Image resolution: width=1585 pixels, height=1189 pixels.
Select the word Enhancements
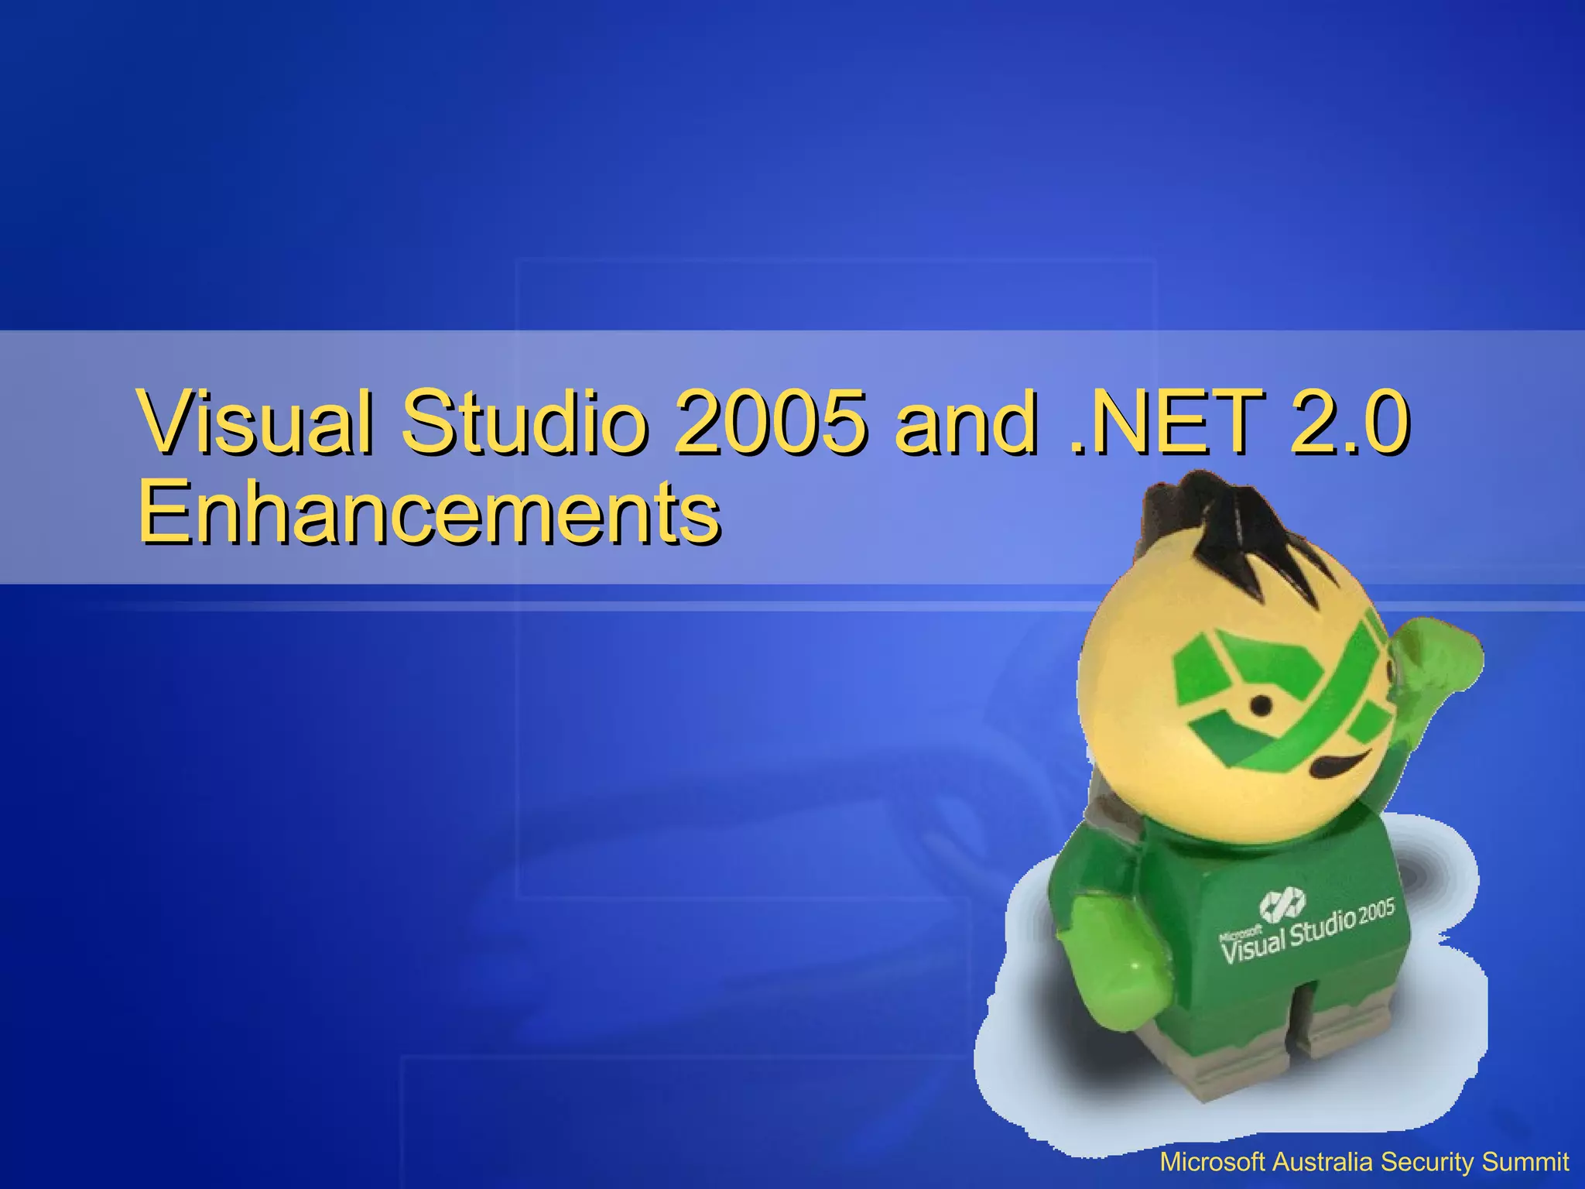[430, 512]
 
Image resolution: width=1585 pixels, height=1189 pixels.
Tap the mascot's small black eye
[1261, 705]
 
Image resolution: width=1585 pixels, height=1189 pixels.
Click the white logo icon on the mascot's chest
[1282, 902]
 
